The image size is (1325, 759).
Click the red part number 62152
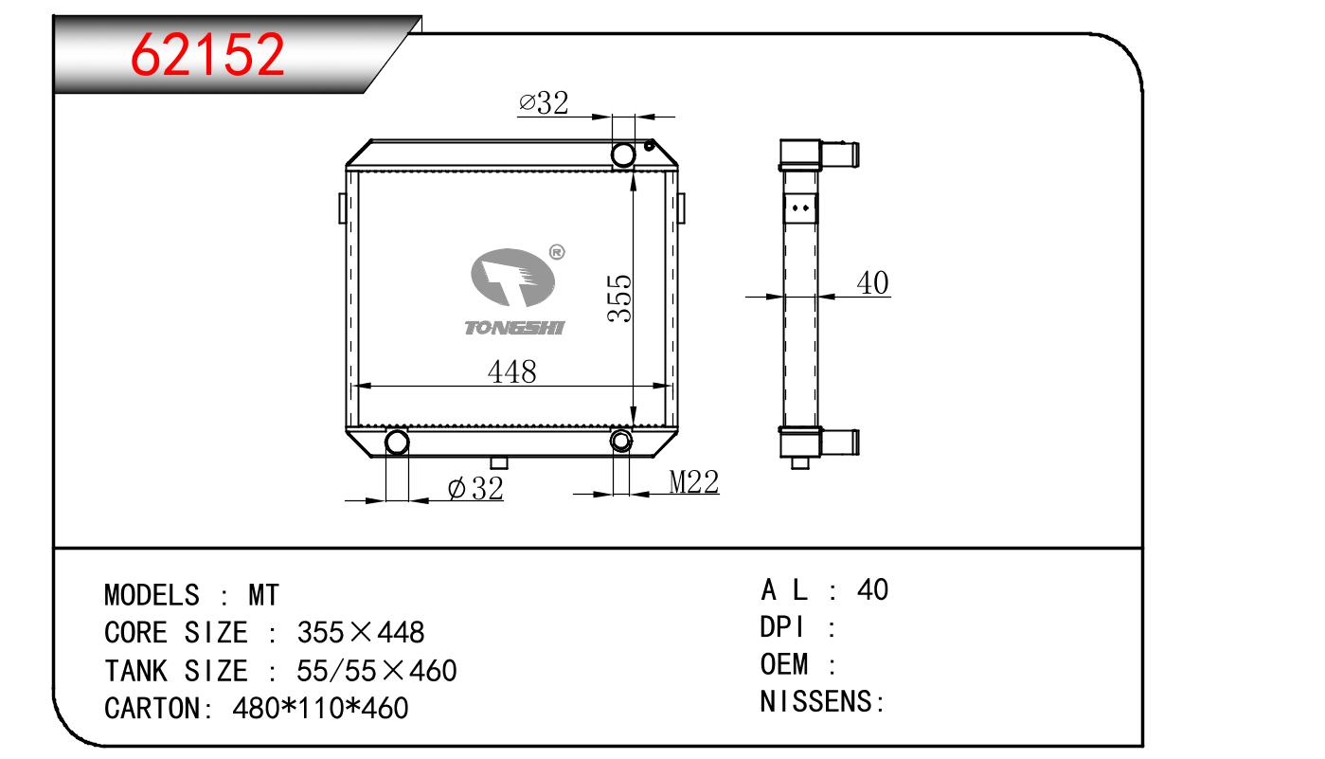[207, 54]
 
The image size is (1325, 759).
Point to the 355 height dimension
[620, 298]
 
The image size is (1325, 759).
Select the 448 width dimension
[511, 372]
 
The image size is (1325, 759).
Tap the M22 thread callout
[694, 481]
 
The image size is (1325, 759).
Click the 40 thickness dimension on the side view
[872, 282]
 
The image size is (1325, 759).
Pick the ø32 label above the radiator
[544, 102]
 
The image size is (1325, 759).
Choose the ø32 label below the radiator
[475, 489]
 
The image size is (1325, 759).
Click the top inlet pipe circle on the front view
[623, 155]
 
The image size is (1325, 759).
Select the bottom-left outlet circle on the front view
[397, 443]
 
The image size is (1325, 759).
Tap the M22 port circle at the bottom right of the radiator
[621, 441]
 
